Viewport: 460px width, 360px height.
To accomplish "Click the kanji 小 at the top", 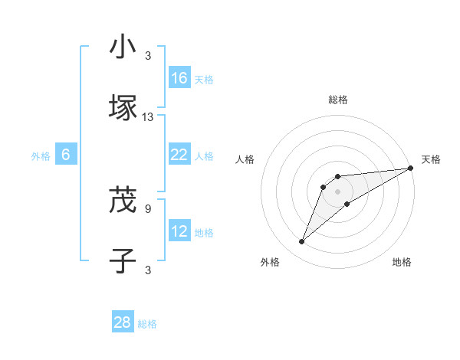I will click(x=123, y=47).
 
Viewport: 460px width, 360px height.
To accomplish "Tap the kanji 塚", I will click(x=123, y=107).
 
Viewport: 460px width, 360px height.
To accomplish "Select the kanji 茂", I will click(x=123, y=200).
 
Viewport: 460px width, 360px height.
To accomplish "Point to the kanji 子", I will click(x=123, y=260).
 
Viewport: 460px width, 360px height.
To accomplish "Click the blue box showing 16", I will click(x=179, y=78).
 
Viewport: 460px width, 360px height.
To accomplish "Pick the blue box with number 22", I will click(x=179, y=155).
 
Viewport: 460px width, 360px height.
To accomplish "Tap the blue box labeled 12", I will click(x=179, y=231).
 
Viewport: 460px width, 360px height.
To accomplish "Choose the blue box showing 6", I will click(x=66, y=155).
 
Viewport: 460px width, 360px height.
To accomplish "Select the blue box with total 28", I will click(x=123, y=322).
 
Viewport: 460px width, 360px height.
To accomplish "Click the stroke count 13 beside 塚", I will click(x=148, y=117).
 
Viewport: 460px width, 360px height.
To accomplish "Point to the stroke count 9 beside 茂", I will click(x=148, y=207).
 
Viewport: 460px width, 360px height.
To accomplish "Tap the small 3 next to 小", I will click(x=148, y=55).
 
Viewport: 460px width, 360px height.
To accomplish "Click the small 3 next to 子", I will click(x=148, y=269).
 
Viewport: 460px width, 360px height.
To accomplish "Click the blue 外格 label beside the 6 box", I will click(x=41, y=156).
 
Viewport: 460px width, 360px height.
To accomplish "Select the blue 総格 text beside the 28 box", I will click(x=147, y=324).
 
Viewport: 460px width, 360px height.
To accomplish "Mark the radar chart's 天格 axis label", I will click(x=431, y=159).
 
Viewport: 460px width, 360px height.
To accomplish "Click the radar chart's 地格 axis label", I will click(x=402, y=262).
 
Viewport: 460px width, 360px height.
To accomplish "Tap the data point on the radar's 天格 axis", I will click(x=412, y=169).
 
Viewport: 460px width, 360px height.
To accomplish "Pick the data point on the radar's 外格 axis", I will click(x=302, y=242).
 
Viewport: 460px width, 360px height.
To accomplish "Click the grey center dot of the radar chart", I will click(x=337, y=191).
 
